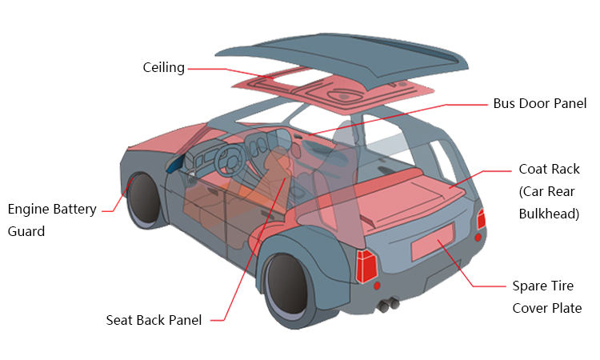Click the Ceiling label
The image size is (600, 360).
163,68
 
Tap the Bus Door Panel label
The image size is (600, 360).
539,103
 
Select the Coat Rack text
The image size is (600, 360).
549,169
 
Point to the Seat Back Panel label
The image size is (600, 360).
154,320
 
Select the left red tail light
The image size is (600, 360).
367,266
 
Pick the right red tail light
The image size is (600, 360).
481,219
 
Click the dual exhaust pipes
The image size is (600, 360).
389,305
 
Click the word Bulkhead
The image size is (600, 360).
549,214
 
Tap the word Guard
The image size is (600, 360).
27,231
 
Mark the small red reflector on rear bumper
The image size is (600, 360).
478,238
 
